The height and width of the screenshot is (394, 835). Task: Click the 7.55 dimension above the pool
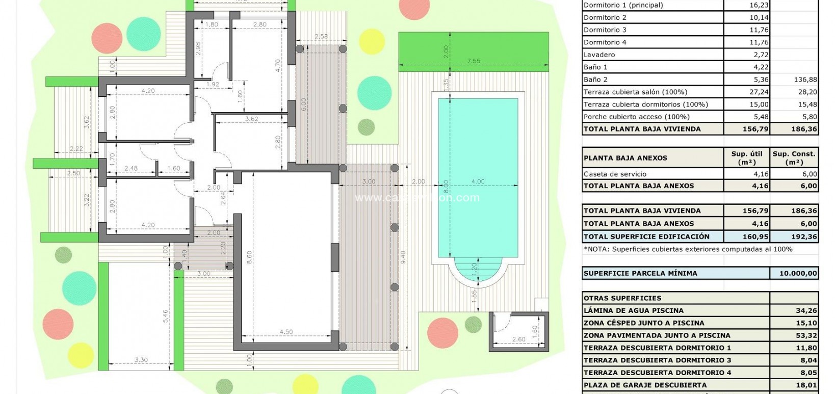coord(474,61)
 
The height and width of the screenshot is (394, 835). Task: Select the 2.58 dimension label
coord(321,37)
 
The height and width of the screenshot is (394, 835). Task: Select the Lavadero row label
coord(599,55)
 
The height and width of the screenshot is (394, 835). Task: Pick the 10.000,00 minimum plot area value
coord(798,273)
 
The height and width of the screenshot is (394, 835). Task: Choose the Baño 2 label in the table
coord(595,80)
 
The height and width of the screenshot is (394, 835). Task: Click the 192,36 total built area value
coord(805,237)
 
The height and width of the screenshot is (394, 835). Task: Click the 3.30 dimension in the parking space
coord(141,360)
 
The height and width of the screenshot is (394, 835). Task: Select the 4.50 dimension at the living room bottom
coord(286,332)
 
